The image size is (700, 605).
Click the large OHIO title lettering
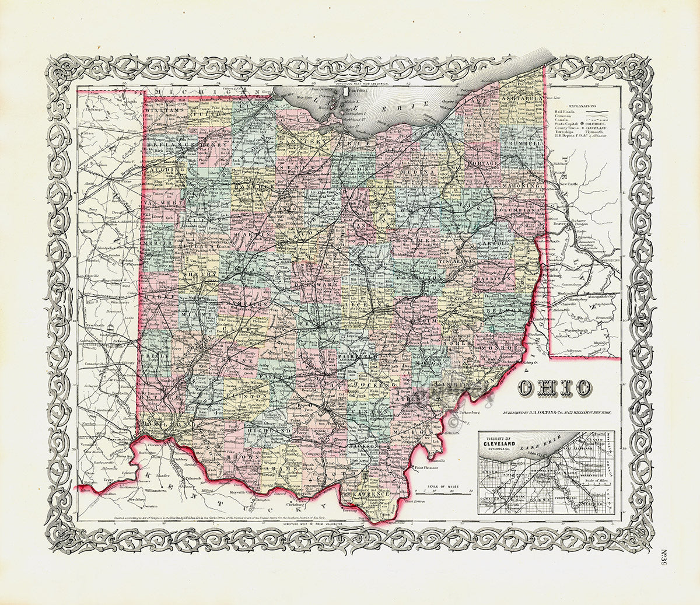click(554, 387)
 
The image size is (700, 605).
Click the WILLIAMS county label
click(164, 109)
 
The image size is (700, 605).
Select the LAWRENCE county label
click(370, 494)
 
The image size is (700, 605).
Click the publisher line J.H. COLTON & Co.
click(560, 412)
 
